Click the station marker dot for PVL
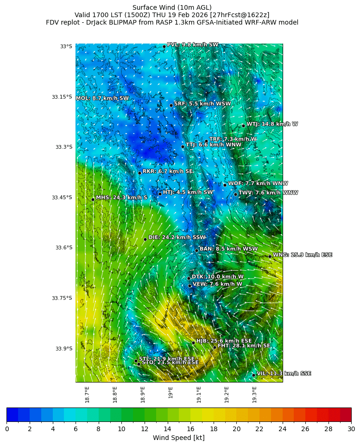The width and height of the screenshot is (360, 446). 164,46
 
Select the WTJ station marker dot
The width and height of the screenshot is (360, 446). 243,126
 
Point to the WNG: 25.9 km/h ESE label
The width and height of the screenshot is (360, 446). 302,255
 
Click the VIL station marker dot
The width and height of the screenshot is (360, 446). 253,375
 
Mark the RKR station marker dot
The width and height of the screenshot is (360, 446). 139,173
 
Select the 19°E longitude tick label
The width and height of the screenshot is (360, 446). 171,392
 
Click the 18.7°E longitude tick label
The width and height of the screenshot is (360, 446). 87,395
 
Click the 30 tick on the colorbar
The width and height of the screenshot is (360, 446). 351,429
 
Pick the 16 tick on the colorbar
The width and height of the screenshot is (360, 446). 190,429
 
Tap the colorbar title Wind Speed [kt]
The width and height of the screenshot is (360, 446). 178,438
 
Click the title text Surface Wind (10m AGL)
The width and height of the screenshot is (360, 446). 172,7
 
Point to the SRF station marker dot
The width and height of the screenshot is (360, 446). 171,105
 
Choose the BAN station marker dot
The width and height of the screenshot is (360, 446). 196,250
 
